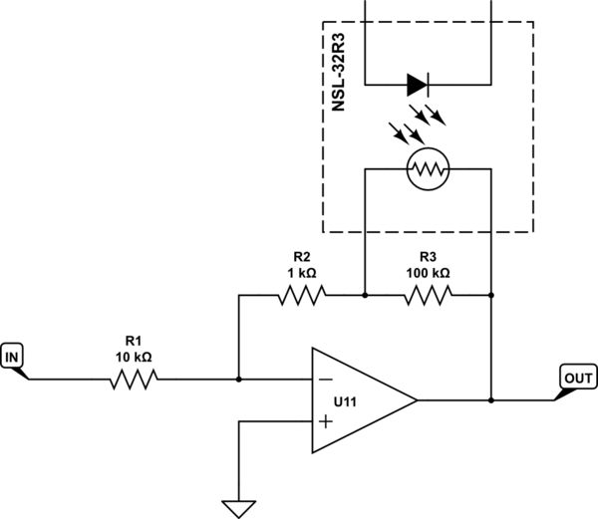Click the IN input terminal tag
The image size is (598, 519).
pos(14,356)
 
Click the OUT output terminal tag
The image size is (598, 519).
pos(578,378)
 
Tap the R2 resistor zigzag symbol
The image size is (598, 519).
pos(301,295)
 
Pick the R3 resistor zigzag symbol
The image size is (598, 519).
pos(429,295)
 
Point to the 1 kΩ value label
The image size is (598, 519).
pos(301,272)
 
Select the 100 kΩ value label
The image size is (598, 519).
pos(429,272)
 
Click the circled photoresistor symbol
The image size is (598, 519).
pos(429,170)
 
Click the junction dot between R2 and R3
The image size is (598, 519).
pos(365,295)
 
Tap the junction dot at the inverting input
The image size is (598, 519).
pos(239,379)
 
